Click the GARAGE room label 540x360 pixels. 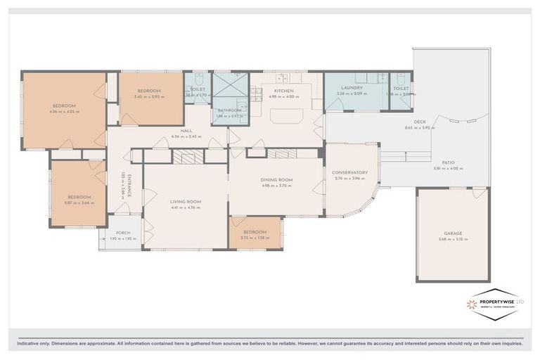(x=452, y=233)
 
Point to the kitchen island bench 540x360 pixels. (x=286, y=114)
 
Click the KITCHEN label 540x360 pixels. (x=283, y=91)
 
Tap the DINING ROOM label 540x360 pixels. (x=276, y=180)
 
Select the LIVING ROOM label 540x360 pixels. (x=186, y=202)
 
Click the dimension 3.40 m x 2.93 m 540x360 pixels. (x=149, y=96)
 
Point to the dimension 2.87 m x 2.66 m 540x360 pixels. (x=79, y=202)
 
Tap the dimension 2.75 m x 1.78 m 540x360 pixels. (x=255, y=238)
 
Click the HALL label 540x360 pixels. (x=186, y=131)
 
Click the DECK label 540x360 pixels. (x=420, y=122)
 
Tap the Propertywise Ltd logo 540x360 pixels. (x=495, y=304)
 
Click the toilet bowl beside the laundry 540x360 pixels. (x=401, y=82)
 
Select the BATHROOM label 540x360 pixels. (x=229, y=110)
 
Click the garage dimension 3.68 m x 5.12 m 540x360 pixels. (x=452, y=240)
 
